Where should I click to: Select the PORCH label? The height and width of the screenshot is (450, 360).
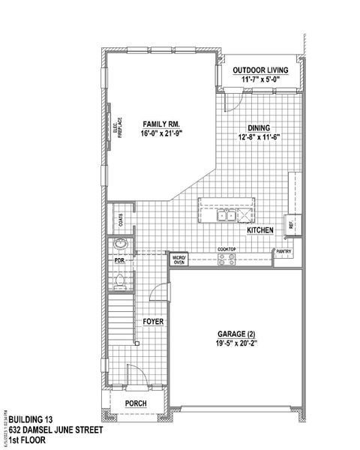coord(136,403)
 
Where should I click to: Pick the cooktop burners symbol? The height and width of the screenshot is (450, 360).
coord(226,259)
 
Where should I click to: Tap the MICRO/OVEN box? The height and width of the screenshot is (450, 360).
coord(179,259)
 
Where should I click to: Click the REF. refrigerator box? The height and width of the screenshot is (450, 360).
coord(292,223)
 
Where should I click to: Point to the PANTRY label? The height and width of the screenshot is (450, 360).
coord(283,252)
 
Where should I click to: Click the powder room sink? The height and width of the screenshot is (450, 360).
coord(120,244)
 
